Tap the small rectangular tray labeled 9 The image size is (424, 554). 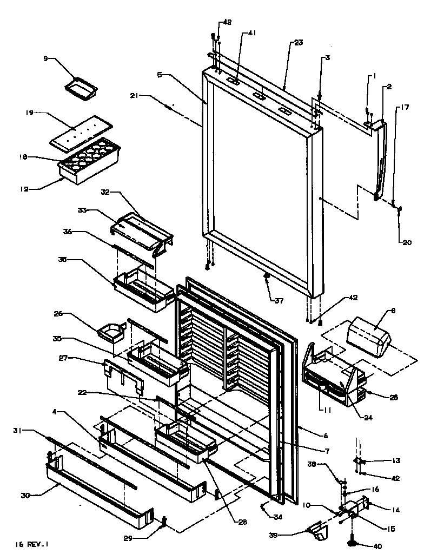(x=80, y=88)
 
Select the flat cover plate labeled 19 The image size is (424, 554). (x=81, y=130)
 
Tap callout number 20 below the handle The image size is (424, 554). (x=406, y=242)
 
